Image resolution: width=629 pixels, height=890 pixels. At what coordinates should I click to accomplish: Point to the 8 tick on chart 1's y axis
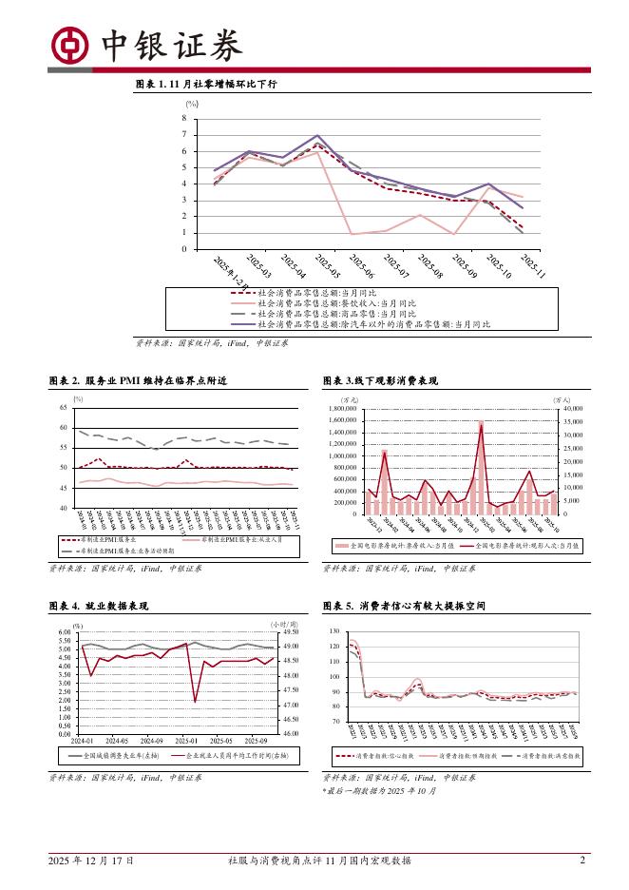pos(185,118)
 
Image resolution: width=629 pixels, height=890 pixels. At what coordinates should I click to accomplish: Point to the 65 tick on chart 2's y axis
pos(63,407)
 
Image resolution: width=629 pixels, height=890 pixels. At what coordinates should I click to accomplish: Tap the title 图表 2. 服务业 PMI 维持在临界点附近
pos(137,380)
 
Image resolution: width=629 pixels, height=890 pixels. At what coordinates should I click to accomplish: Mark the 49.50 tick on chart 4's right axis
pos(292,632)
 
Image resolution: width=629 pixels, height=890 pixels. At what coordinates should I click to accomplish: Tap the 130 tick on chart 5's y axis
pos(334,632)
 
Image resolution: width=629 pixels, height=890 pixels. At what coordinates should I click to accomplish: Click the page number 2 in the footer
pos(582,861)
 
